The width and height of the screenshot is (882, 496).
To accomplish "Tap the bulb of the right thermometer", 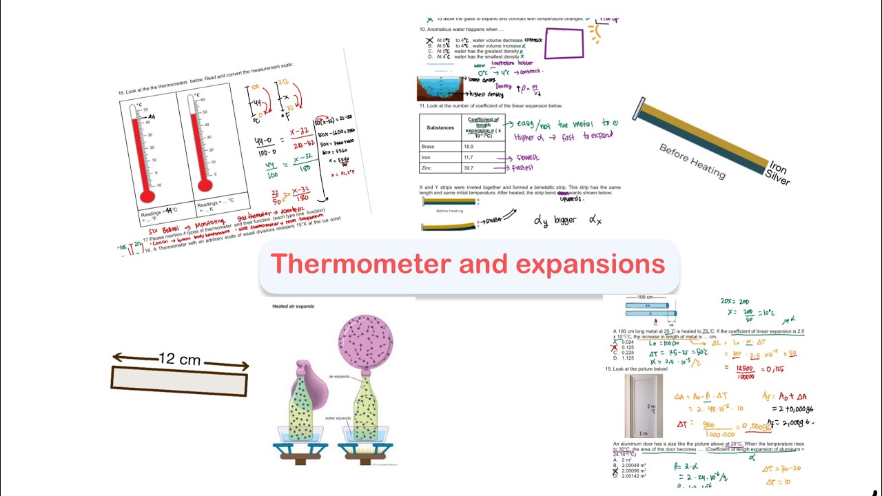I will [205, 185].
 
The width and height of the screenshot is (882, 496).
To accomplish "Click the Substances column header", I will [440, 127].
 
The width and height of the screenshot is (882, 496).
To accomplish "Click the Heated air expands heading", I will [294, 306].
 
